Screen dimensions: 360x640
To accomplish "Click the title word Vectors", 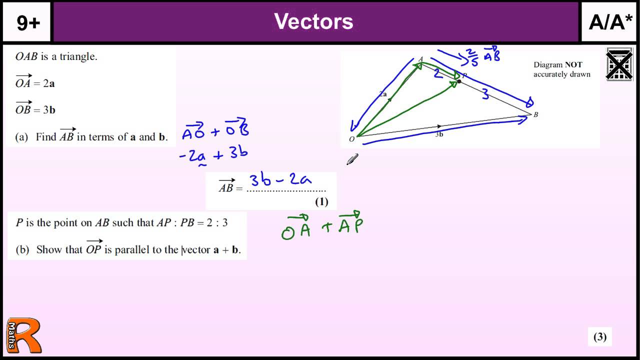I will tap(313, 21).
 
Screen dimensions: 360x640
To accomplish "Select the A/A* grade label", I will tap(610, 22).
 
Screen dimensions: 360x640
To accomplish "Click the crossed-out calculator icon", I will tap(619, 64).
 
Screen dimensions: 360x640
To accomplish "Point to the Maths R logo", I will tap(23, 335).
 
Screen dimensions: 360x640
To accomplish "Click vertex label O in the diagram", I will tap(351, 139).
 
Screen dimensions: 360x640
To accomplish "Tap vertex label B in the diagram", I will tap(535, 115).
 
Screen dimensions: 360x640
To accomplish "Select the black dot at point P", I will tap(459, 81).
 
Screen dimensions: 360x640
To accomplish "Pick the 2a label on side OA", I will tap(382, 93).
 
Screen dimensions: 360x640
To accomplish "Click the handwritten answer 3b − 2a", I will tap(280, 179).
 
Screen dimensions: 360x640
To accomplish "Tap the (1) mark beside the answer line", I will tap(321, 201).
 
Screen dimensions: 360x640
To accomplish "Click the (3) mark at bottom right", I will tap(599, 337).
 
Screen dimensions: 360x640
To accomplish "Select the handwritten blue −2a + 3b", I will tap(213, 154).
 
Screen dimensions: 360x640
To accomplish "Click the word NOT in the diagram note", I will tap(573, 64).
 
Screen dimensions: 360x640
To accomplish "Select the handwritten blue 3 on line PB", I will tap(485, 94).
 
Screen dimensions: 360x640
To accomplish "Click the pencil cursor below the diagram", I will tap(352, 159).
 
